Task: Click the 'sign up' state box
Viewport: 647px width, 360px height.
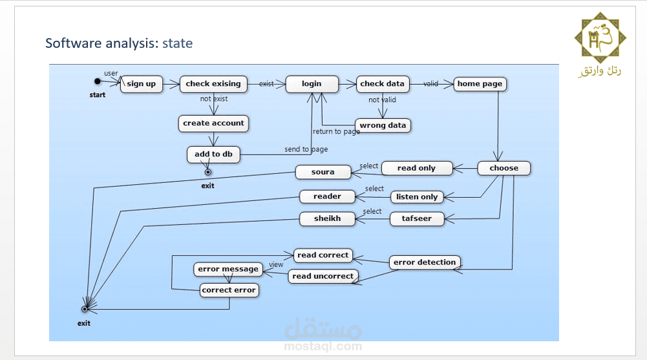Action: point(142,84)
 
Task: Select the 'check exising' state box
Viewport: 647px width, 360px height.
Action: point(213,84)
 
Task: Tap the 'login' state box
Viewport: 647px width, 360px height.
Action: point(312,84)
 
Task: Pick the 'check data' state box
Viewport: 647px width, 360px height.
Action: point(383,84)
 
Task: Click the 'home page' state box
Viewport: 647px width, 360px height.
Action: point(479,84)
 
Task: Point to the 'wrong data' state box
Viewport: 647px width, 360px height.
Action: point(383,125)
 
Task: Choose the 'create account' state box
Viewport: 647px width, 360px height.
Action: point(213,123)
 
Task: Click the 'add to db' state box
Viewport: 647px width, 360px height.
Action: point(213,154)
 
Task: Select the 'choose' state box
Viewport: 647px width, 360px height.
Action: point(504,168)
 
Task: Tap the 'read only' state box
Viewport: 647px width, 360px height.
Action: point(417,168)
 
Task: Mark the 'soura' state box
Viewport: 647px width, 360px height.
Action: point(323,173)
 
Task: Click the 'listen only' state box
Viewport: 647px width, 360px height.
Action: point(417,197)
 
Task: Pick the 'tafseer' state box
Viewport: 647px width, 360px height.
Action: point(417,218)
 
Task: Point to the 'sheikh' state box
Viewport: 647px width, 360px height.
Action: point(328,218)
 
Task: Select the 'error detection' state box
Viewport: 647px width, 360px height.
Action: point(425,262)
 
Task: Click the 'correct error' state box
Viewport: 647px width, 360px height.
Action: point(229,290)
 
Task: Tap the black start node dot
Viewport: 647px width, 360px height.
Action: point(98,81)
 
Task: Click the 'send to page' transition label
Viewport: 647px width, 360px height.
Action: point(306,149)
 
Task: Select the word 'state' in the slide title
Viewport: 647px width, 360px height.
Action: point(177,44)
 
